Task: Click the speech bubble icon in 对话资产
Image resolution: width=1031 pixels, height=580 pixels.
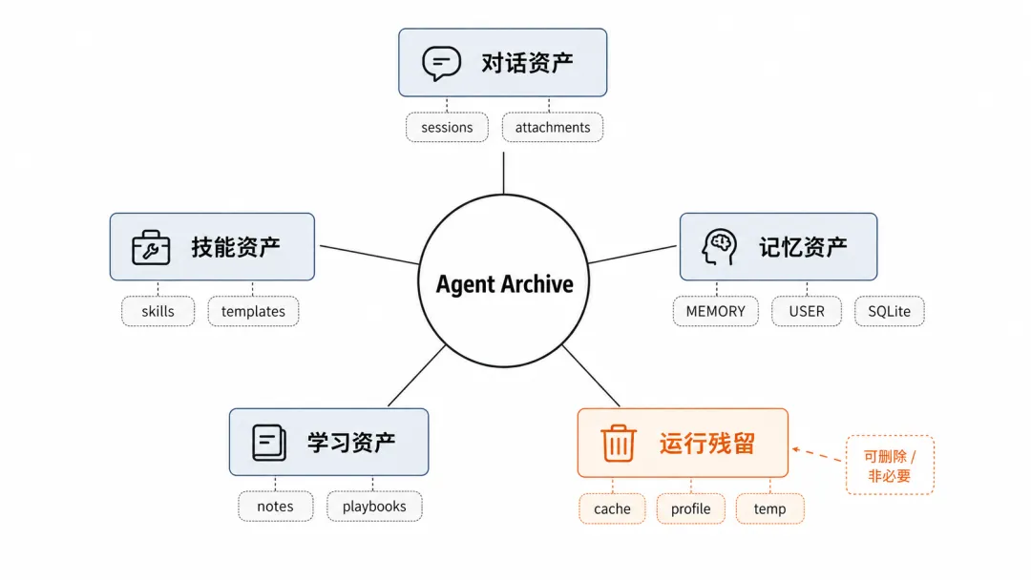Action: tap(441, 63)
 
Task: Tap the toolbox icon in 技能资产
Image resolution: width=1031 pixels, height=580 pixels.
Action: tap(151, 248)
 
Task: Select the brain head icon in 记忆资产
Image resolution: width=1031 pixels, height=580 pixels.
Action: tap(720, 247)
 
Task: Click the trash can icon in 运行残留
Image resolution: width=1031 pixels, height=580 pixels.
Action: tap(618, 442)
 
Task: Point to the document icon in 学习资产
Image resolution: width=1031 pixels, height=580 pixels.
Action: tap(269, 442)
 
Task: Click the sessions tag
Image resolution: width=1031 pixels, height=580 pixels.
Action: tap(447, 128)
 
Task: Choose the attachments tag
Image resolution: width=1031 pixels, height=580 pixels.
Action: tap(553, 128)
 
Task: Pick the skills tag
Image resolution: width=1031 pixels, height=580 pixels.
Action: tap(158, 311)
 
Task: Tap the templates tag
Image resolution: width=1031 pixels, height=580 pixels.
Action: tap(253, 311)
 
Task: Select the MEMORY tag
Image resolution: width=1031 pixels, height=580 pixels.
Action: tap(715, 311)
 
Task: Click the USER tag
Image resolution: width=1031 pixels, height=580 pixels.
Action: tap(807, 311)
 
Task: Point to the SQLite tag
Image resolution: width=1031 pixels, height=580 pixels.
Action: tap(889, 311)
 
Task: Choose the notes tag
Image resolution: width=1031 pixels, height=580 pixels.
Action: tap(276, 507)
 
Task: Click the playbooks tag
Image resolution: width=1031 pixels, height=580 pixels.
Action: tap(374, 507)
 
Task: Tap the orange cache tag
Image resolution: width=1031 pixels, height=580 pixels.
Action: tap(612, 509)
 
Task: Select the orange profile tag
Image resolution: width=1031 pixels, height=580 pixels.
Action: tap(690, 509)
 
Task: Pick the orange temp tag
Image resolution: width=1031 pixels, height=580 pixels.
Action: tap(770, 509)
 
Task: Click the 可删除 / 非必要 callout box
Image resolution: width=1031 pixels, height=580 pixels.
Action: tap(890, 466)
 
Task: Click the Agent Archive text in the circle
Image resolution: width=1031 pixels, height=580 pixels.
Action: tap(504, 284)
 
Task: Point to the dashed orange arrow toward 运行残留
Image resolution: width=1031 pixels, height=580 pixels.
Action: tap(816, 454)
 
